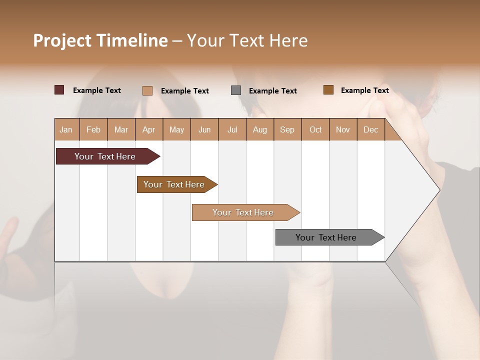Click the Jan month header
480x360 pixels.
pos(66,129)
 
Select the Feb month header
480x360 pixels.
pos(93,129)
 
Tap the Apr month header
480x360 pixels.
pos(148,129)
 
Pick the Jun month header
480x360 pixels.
pos(204,129)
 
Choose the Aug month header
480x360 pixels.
pos(259,129)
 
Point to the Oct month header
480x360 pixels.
pos(315,129)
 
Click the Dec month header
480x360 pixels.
pos(370,129)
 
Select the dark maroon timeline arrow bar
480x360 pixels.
pos(105,156)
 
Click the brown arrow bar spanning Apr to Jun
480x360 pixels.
pos(174,184)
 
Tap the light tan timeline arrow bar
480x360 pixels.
pos(243,212)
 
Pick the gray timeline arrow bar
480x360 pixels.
pos(326,237)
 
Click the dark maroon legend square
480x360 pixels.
pos(59,90)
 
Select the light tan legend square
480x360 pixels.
pos(147,90)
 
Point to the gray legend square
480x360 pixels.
pos(236,90)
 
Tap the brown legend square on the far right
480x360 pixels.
pos(328,90)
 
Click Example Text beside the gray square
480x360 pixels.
pos(272,91)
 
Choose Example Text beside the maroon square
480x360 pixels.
pos(97,90)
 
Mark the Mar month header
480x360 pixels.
pos(121,129)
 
